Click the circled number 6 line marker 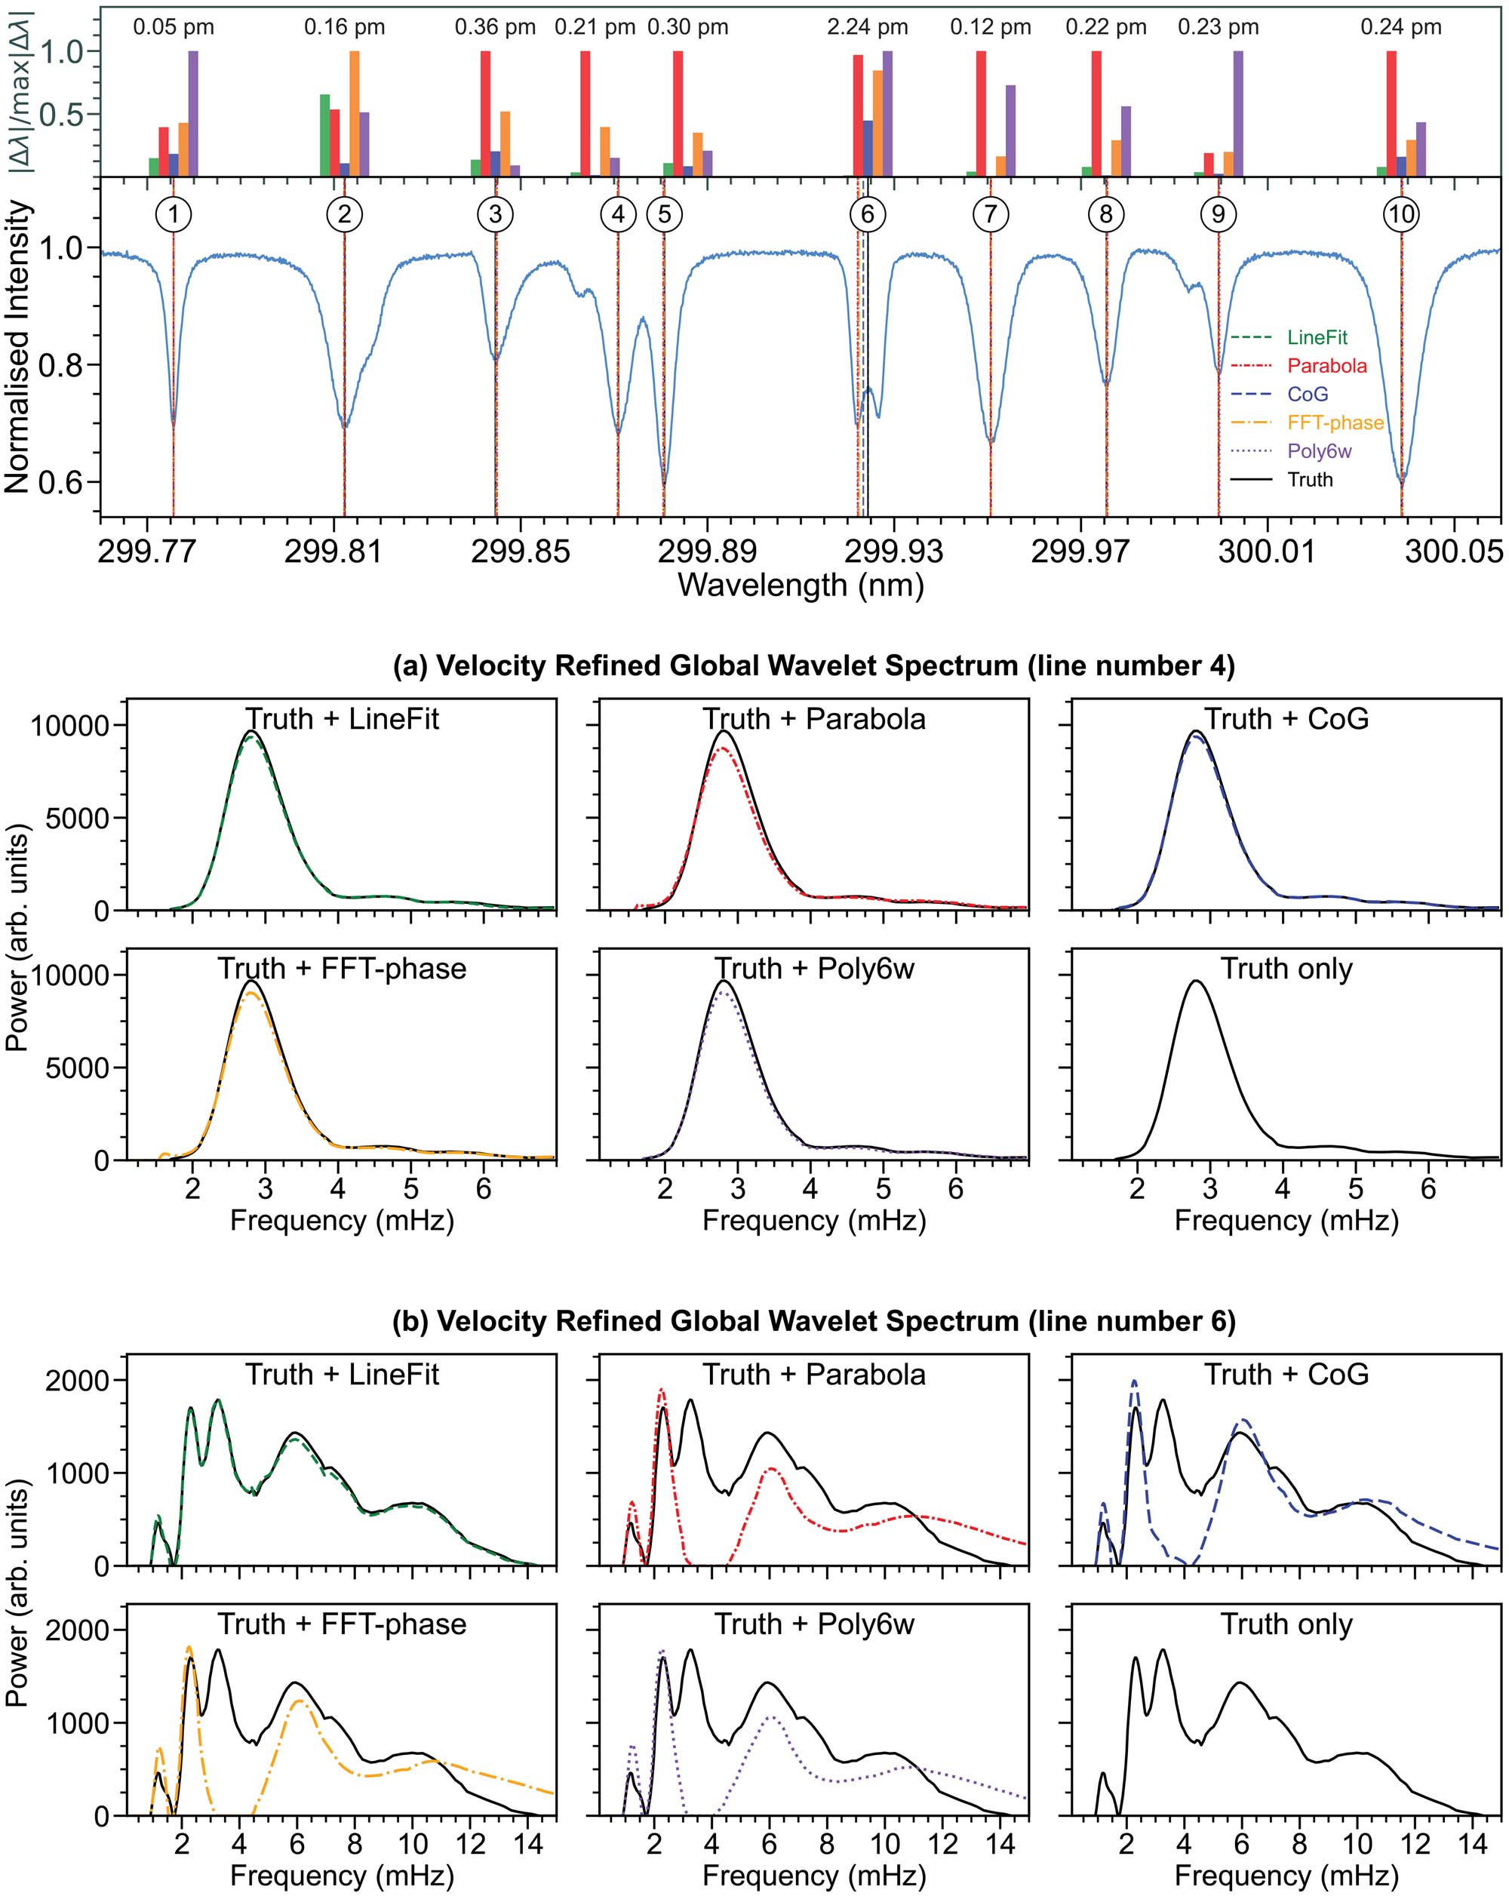[x=868, y=214]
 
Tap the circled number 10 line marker [x=1400, y=214]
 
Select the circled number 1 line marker [x=174, y=214]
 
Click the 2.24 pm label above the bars [x=867, y=27]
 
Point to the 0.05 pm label [x=174, y=27]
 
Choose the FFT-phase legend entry [x=1308, y=423]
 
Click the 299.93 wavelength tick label [x=893, y=552]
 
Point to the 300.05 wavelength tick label [x=1455, y=552]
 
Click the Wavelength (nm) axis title [x=801, y=585]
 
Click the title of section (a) [x=814, y=666]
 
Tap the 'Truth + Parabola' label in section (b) [x=814, y=1374]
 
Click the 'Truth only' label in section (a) [x=1286, y=969]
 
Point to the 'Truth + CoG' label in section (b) [x=1286, y=1374]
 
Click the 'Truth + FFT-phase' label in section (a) [x=342, y=969]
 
